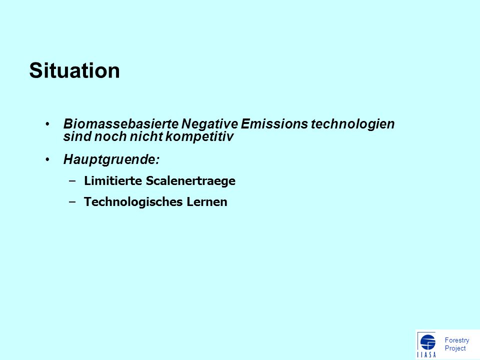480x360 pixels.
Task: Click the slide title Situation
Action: point(74,70)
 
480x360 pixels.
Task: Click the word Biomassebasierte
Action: point(121,124)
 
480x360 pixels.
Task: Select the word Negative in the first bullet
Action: point(209,124)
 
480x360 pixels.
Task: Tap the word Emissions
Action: point(274,124)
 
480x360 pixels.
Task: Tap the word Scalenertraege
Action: point(190,181)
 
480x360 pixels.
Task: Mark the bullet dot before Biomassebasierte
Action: point(47,124)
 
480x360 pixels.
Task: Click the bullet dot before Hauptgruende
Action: point(47,159)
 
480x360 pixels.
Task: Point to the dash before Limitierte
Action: point(72,180)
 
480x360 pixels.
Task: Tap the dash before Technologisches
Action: point(72,201)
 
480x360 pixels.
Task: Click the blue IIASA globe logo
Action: point(427,342)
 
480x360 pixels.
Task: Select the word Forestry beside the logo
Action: point(456,340)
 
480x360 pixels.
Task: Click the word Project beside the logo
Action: point(455,348)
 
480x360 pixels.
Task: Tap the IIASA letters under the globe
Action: point(426,355)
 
